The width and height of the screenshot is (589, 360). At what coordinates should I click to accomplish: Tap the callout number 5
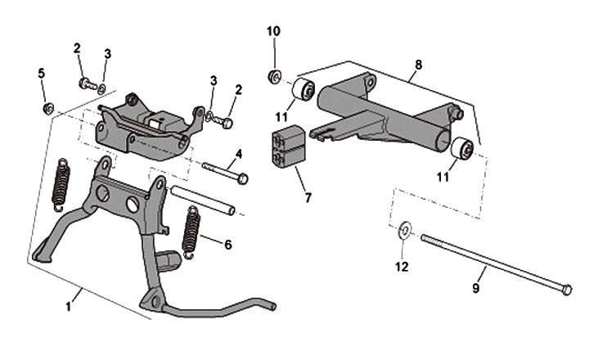click(42, 73)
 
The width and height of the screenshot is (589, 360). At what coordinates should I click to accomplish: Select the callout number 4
click(239, 154)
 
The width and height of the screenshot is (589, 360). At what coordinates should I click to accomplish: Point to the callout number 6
click(228, 244)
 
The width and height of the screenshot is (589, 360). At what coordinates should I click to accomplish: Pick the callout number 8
click(419, 63)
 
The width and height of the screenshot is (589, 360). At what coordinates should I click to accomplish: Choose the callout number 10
click(273, 31)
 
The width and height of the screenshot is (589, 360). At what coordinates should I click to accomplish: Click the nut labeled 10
click(275, 77)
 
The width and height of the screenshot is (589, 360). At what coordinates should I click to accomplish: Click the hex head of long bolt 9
click(567, 289)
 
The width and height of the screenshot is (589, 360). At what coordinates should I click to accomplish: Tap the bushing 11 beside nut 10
click(304, 90)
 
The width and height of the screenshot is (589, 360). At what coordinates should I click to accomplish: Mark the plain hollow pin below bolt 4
click(204, 201)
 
